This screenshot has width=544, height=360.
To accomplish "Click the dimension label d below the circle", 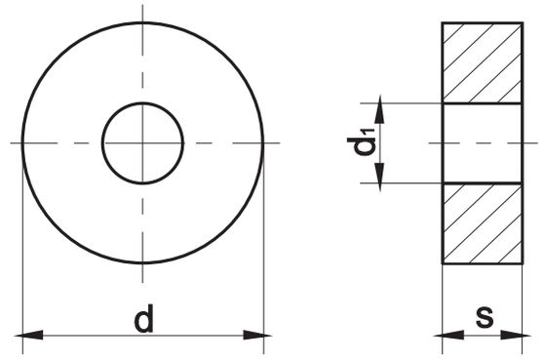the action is coord(143,318).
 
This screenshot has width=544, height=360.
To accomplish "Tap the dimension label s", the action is coord(485,317).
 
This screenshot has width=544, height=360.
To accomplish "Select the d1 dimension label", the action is coord(361,141).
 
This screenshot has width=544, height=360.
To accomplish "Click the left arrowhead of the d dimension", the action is coord(29,336).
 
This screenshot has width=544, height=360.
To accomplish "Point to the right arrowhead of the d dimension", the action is coord(257,336).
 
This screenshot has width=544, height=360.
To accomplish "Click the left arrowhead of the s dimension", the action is coord(448,336).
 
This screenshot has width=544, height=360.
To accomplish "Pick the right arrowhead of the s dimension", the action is coord(516,336).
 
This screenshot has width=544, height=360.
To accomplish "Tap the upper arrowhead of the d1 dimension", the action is coord(380,109).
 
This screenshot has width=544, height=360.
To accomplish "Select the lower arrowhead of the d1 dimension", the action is coord(380,177).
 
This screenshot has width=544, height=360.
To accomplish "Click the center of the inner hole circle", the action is coord(142,143).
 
